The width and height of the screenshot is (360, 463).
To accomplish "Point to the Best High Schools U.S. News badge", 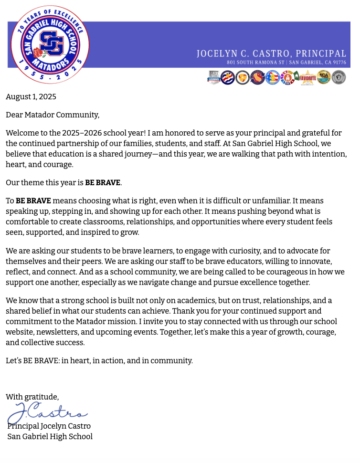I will (214, 77).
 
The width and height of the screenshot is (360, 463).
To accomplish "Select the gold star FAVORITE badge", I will (307, 77).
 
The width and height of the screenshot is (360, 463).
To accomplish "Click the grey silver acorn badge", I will (339, 77).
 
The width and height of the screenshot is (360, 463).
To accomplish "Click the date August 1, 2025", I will (31, 97).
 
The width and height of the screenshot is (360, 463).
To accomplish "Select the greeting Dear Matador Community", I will (53, 115).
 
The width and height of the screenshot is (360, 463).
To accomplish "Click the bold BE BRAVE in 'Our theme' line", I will (103, 182).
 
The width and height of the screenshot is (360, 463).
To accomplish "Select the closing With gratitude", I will (32, 397).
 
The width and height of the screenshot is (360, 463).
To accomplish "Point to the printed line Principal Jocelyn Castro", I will (49, 426).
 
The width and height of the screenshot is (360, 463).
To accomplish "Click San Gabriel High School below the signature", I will (50, 437).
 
